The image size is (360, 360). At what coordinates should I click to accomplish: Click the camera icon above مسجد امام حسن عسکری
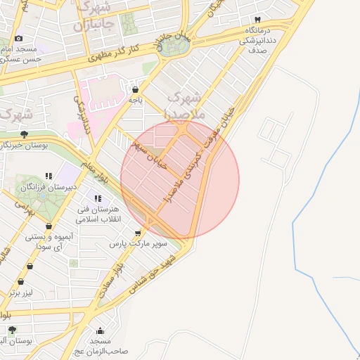(18, 38)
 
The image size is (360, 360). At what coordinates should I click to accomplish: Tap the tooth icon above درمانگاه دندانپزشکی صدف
(258, 20)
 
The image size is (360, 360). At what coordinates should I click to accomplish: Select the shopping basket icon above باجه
(135, 89)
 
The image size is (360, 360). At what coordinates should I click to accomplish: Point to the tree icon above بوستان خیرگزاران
(25, 134)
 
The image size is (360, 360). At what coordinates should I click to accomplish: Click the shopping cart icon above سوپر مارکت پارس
(138, 233)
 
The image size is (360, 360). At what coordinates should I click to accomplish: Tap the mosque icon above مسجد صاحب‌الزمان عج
(100, 330)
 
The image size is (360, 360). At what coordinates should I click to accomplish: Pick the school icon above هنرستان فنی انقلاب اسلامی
(97, 199)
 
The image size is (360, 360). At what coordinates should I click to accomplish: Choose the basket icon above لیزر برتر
(30, 266)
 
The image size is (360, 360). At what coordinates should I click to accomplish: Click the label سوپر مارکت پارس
(139, 244)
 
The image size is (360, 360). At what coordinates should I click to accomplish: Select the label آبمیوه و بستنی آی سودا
(49, 241)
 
